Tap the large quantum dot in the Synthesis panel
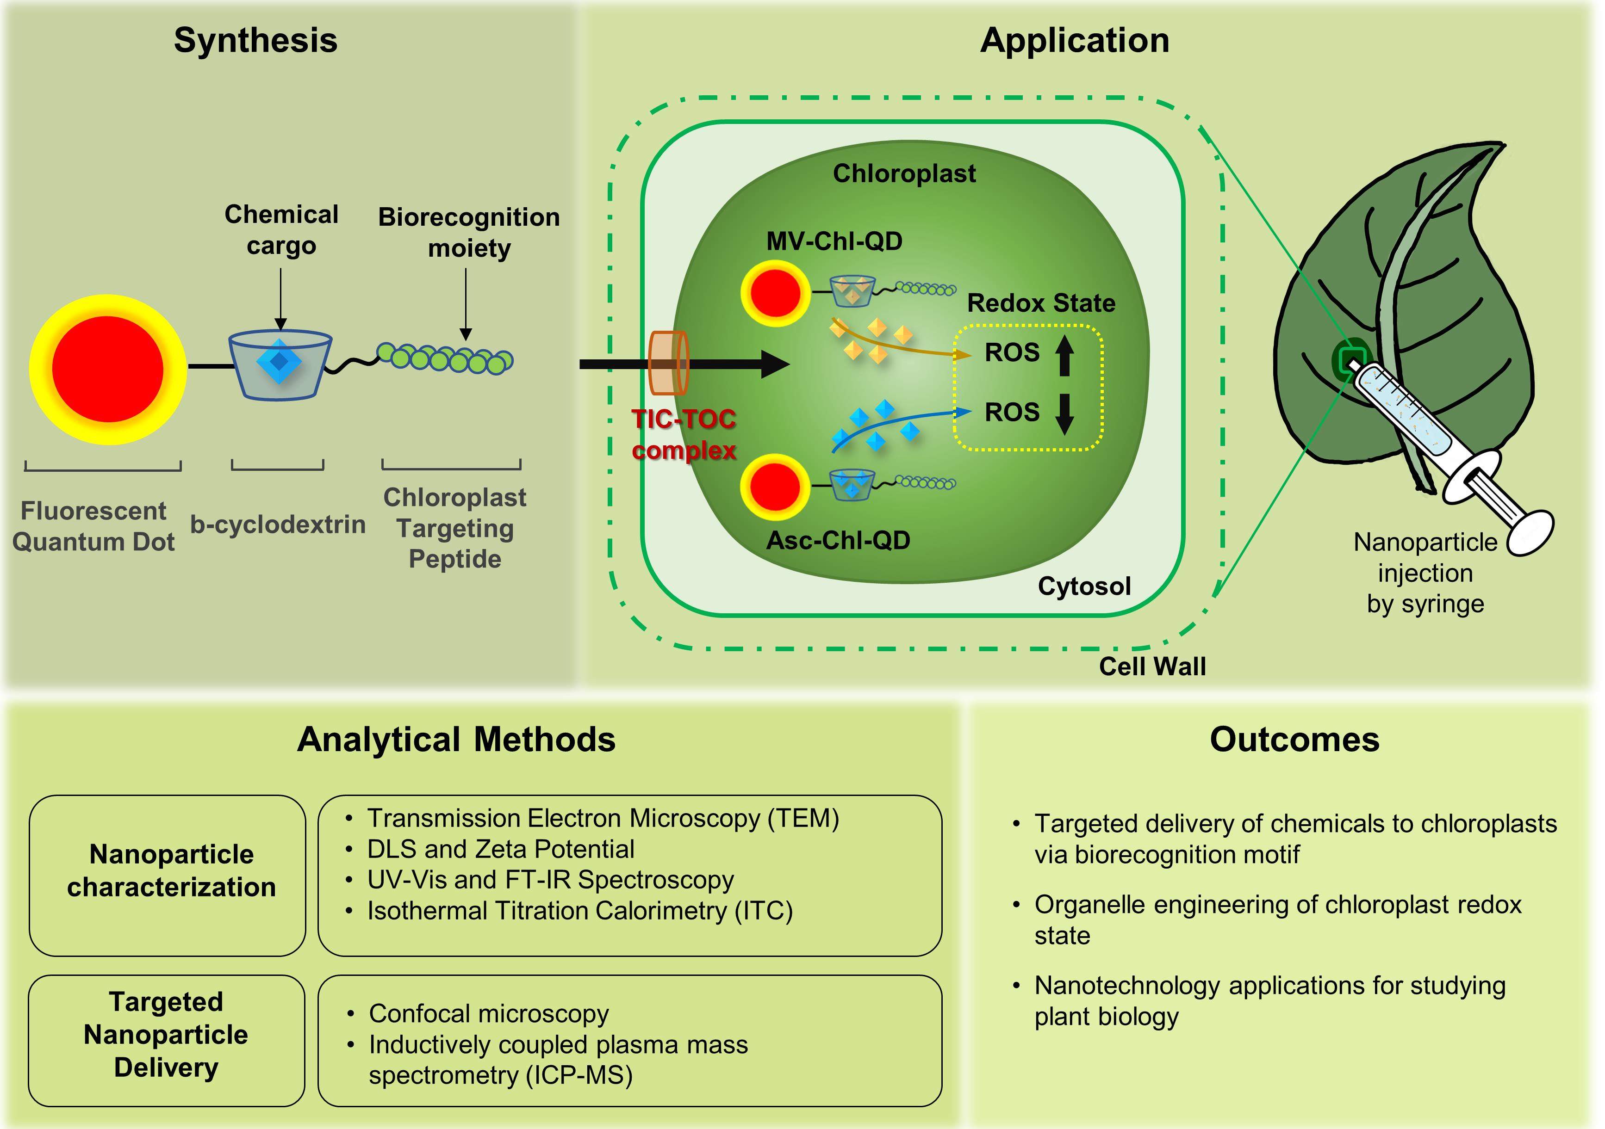108,370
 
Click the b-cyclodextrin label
278,524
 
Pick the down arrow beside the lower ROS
1064,413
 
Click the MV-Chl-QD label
834,241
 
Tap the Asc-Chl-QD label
838,540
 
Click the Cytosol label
1084,586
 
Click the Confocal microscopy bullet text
489,1014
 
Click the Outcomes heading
1294,739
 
